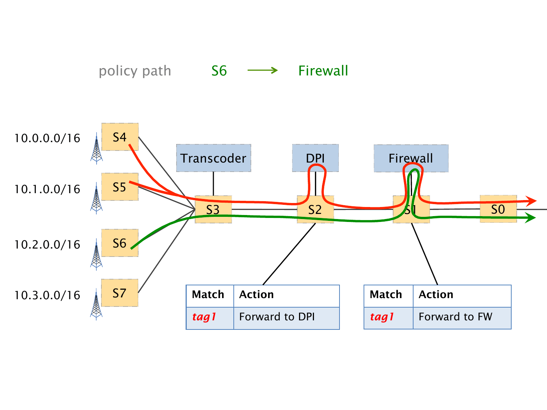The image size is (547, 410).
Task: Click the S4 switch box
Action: tap(120, 137)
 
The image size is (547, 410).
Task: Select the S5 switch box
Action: tap(120, 187)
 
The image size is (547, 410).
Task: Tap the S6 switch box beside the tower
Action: tap(120, 243)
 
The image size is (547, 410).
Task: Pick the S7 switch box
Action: tap(120, 293)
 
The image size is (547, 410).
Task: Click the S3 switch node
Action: tap(213, 210)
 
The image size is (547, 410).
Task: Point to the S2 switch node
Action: tap(315, 210)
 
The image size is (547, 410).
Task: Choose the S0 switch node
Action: tap(498, 209)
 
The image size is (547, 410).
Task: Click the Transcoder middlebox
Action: tap(214, 158)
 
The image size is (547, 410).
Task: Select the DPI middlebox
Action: tap(315, 157)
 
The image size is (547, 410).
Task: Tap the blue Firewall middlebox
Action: tap(411, 158)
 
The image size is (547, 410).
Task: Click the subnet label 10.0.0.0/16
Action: tap(47, 138)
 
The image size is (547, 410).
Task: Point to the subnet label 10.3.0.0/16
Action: tap(47, 295)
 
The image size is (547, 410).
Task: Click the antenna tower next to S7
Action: tap(96, 304)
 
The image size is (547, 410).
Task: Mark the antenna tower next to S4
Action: tap(96, 148)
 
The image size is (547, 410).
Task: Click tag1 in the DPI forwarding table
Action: tap(205, 317)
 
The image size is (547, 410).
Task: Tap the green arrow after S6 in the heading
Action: tap(263, 70)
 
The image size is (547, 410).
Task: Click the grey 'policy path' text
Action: tap(135, 71)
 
